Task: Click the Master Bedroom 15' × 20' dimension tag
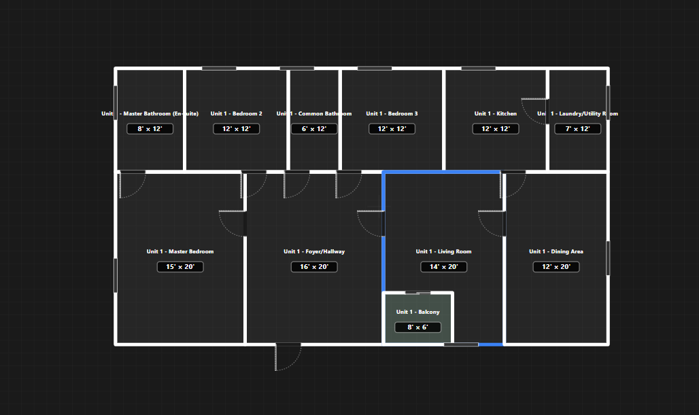180,267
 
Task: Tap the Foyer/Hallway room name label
314,252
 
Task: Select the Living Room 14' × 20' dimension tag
443,267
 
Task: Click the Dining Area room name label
556,252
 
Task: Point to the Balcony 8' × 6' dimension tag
417,327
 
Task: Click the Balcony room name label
417,312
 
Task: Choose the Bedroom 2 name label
236,114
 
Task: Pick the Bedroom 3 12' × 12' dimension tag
392,129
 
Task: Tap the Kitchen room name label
496,114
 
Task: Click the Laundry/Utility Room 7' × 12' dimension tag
577,129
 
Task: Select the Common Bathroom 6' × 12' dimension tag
314,129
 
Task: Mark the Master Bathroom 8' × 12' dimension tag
150,129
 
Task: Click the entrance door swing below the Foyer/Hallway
288,357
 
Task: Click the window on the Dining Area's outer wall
608,258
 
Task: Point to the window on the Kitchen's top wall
478,69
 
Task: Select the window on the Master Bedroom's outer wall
116,275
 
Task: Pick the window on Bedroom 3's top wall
374,69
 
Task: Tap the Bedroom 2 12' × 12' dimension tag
236,129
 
